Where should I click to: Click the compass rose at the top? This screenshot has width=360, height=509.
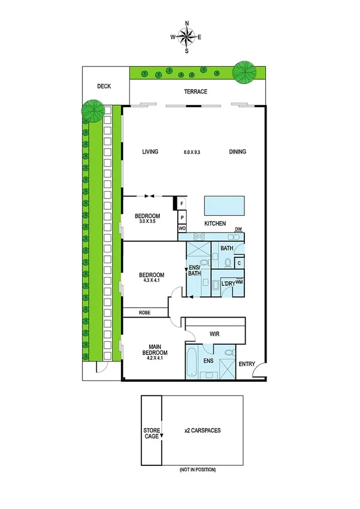[187, 37]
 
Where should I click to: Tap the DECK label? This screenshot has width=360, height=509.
[104, 86]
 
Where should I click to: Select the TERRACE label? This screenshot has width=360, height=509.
[195, 92]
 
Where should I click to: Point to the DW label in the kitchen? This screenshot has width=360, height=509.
[238, 229]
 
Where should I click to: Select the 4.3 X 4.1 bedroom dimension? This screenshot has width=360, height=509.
[151, 281]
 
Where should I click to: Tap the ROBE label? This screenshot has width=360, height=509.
[144, 312]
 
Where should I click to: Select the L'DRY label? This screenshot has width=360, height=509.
[228, 283]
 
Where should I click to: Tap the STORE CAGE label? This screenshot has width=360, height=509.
[151, 433]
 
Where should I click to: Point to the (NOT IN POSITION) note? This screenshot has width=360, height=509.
[198, 469]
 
